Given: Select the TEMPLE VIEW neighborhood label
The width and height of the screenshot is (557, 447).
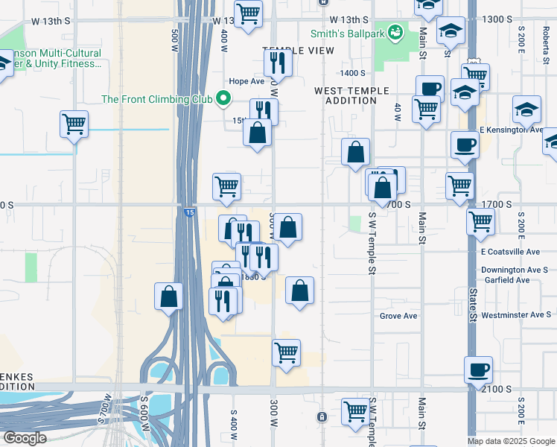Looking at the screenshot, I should pyautogui.click(x=298, y=50).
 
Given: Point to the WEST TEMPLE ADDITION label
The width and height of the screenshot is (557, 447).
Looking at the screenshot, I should pyautogui.click(x=351, y=95).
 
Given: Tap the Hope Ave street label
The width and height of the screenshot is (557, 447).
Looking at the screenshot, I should pyautogui.click(x=246, y=81).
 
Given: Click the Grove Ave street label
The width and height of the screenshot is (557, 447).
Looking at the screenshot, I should pyautogui.click(x=398, y=316).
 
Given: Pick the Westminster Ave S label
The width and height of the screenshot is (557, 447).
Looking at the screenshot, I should pyautogui.click(x=516, y=315).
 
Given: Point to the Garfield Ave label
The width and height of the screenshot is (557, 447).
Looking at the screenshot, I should pyautogui.click(x=505, y=280).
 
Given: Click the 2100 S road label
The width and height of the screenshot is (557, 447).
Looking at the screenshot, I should pyautogui.click(x=497, y=389).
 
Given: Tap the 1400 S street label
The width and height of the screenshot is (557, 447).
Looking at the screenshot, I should pyautogui.click(x=352, y=73).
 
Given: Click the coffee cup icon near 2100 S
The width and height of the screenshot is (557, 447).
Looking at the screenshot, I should pyautogui.click(x=478, y=370).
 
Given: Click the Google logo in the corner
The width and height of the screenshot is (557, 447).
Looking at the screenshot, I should pyautogui.click(x=25, y=437).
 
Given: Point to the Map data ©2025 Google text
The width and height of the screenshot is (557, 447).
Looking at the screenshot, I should pyautogui.click(x=511, y=441).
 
